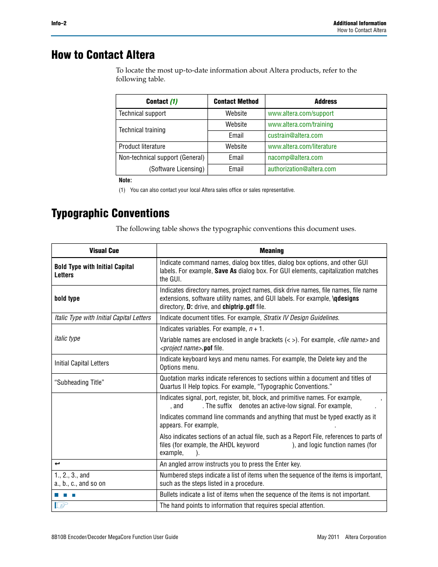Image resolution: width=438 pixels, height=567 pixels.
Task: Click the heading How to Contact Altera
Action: (103, 55)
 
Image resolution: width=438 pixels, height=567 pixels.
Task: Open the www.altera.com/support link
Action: (300, 113)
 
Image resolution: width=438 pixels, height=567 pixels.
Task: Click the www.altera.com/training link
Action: (300, 124)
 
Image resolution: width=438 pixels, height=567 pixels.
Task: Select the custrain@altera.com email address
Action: (295, 135)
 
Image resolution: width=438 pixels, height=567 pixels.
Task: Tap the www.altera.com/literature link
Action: (302, 146)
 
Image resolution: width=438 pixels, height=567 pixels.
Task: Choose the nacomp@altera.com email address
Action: (295, 157)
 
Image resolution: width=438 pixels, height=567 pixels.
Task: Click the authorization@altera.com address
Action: (302, 169)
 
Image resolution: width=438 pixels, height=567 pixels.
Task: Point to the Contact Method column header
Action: (236, 101)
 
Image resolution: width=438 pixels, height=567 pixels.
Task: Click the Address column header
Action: (326, 101)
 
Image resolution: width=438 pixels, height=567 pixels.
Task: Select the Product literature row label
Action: (142, 146)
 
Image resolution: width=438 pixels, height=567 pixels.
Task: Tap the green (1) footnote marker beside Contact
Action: (174, 101)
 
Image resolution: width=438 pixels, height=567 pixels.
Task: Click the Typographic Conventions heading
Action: (110, 213)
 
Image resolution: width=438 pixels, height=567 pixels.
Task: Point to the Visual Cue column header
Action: (104, 251)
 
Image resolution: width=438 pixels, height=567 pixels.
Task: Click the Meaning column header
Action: (271, 251)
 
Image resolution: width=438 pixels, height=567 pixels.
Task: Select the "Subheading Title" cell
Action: (79, 382)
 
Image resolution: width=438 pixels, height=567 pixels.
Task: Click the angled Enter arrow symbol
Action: (57, 464)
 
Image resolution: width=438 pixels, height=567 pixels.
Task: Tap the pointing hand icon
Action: (61, 505)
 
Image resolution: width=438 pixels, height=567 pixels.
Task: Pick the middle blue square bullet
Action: (65, 495)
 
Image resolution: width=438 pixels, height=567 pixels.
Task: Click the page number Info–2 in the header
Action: (59, 23)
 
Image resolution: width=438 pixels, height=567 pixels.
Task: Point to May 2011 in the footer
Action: (328, 537)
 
